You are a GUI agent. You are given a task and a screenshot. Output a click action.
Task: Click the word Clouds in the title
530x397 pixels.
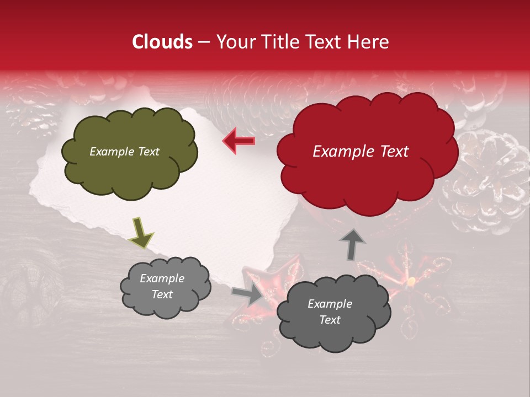coord(162,42)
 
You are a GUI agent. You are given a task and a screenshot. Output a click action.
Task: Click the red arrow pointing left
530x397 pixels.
coord(239,141)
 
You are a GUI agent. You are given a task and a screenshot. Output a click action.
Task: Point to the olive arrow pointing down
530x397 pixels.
coord(141,232)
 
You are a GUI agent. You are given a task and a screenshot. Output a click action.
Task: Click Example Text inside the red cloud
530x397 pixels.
coord(361,152)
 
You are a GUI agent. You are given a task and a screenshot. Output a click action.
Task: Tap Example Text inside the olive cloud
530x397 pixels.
coord(124,152)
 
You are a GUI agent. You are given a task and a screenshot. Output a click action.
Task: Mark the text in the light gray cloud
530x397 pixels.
coord(162,287)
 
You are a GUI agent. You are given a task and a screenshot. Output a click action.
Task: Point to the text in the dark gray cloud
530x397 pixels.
coord(330,312)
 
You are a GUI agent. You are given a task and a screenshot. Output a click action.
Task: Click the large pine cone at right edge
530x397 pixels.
coord(486,182)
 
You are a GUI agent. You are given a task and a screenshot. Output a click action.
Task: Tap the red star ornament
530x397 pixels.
coord(273,287)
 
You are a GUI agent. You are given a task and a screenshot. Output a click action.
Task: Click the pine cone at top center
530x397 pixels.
coord(248,102)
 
